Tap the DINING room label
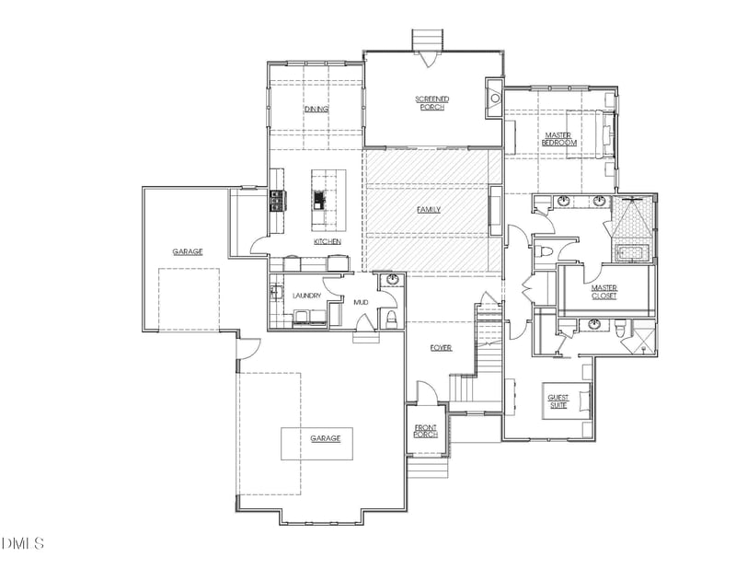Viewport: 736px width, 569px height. pyautogui.click(x=316, y=110)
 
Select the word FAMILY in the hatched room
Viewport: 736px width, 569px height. pyautogui.click(x=429, y=210)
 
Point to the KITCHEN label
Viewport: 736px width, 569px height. pyautogui.click(x=328, y=241)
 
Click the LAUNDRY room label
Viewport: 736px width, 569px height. pyautogui.click(x=306, y=296)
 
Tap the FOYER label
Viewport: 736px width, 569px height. pyautogui.click(x=442, y=347)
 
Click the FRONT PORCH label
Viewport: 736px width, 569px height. pyautogui.click(x=426, y=430)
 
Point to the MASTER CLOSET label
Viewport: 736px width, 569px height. pyautogui.click(x=604, y=292)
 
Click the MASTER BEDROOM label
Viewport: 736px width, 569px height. pyautogui.click(x=558, y=139)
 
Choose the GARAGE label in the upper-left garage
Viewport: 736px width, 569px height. pyautogui.click(x=187, y=250)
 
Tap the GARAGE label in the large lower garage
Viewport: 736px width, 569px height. pyautogui.click(x=325, y=438)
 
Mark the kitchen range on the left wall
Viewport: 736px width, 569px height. pyautogui.click(x=275, y=200)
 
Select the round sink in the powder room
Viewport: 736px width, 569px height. pyautogui.click(x=393, y=280)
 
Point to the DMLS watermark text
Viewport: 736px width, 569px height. pyautogui.click(x=23, y=543)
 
